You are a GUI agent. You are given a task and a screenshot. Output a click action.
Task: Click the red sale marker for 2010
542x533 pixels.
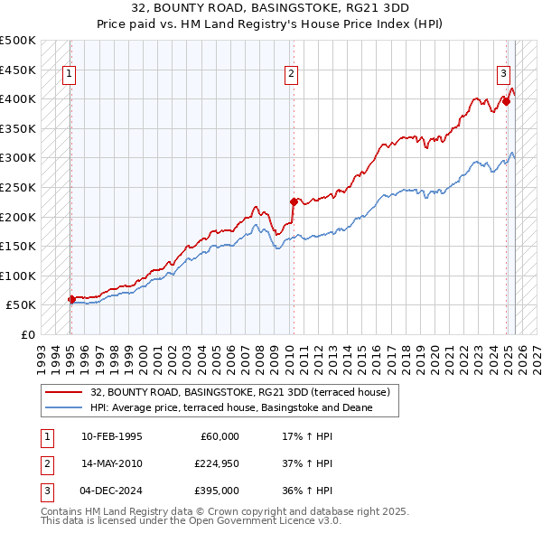[294, 201]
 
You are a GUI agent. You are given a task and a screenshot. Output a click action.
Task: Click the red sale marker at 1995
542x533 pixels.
[71, 299]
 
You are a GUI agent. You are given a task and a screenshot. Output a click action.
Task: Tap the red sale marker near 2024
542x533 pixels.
[507, 101]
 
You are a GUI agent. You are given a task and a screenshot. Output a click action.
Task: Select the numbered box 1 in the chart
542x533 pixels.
[70, 75]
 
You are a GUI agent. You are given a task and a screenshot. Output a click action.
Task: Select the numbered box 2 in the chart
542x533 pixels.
[291, 75]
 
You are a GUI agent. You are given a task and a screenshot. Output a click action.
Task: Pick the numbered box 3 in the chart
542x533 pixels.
[503, 75]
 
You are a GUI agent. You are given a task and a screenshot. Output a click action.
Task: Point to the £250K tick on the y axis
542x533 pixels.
[18, 187]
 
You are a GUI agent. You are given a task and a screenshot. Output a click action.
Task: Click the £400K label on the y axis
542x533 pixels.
[18, 98]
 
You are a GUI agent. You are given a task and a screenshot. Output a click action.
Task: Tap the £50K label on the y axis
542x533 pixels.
[21, 305]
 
